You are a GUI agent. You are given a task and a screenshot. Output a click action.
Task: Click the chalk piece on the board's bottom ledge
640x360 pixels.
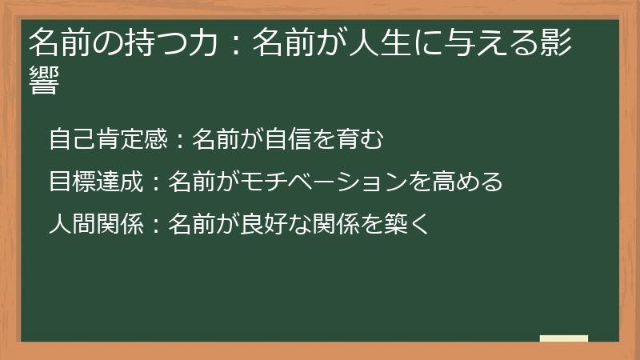(x=564, y=338)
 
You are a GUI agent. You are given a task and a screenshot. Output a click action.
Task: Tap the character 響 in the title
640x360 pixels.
(x=43, y=81)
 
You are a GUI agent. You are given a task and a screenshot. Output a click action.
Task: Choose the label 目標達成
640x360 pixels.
(x=95, y=182)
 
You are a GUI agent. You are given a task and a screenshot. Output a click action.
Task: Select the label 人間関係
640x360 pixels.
(x=95, y=224)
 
